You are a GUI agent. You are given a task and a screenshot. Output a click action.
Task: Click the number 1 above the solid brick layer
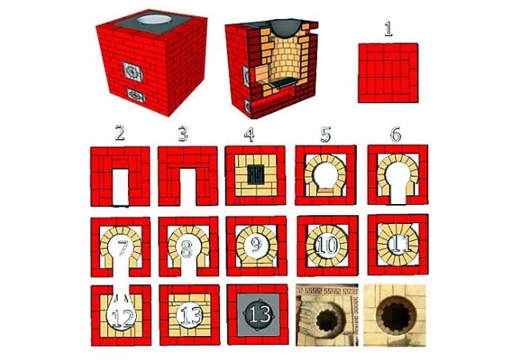click(388, 29)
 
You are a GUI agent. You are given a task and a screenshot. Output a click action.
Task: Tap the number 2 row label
click(119, 133)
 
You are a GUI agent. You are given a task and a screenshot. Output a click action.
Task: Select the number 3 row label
click(182, 134)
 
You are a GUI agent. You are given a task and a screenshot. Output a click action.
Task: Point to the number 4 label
click(249, 134)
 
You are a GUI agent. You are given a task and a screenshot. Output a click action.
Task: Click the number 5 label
click(326, 134)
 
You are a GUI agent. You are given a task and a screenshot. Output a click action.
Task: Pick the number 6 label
click(396, 134)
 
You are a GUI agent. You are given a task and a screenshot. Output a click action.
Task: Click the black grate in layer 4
click(256, 174)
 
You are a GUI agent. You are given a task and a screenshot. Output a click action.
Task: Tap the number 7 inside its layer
click(122, 248)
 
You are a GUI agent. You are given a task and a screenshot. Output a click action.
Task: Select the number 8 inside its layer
click(186, 249)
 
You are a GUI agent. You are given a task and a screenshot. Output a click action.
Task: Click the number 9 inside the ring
click(256, 246)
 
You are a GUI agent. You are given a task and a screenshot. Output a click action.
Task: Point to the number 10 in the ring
click(327, 246)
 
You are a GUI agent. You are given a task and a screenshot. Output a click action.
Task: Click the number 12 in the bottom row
click(122, 318)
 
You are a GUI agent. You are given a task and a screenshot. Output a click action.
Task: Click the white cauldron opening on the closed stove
click(154, 19)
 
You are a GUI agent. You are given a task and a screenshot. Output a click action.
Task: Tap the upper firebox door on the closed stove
click(133, 72)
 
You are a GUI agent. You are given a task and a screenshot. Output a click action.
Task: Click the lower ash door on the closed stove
click(135, 94)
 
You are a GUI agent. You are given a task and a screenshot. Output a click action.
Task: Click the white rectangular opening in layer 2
click(120, 187)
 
